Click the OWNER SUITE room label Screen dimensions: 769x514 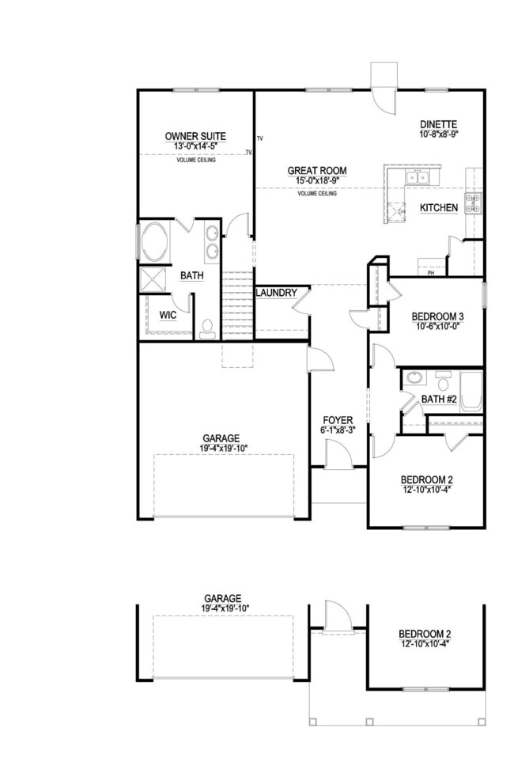tap(195, 136)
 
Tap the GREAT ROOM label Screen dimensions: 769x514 tap(317, 170)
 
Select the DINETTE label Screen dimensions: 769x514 tap(439, 123)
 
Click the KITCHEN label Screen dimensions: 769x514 tap(439, 207)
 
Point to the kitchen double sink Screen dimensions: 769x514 tap(418, 176)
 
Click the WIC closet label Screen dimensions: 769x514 tap(167, 315)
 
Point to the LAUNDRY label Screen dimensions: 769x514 tap(276, 293)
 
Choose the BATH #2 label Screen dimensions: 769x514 tap(439, 400)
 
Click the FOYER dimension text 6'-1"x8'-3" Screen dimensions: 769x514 tap(337, 430)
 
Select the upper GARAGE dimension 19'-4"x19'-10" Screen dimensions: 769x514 tap(221, 448)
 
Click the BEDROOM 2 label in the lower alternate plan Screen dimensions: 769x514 tap(426, 634)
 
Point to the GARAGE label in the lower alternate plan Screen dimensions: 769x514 tap(222, 599)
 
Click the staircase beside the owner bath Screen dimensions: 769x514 tap(237, 305)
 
